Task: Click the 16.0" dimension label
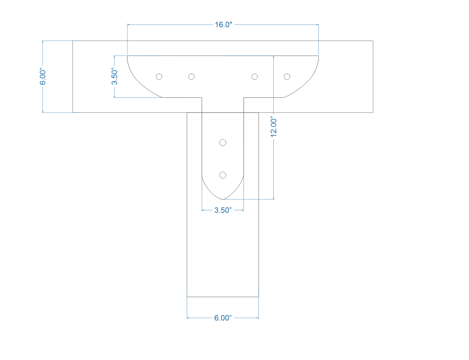click(223, 25)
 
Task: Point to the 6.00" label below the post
click(223, 318)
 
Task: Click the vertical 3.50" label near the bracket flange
click(114, 76)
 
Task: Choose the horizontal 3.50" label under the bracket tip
click(223, 210)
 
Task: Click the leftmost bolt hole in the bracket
click(159, 77)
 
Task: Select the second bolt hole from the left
click(191, 77)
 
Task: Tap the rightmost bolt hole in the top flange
click(287, 77)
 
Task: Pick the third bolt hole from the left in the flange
click(254, 77)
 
